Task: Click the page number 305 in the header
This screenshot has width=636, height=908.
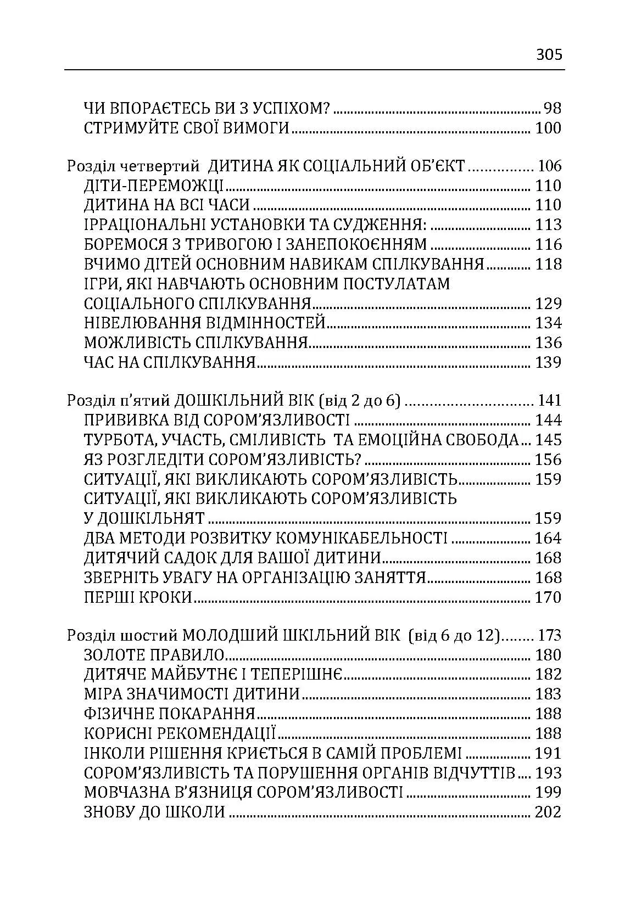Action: [x=549, y=55]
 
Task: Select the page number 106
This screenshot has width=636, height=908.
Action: [x=550, y=166]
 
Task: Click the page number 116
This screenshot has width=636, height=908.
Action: [x=549, y=244]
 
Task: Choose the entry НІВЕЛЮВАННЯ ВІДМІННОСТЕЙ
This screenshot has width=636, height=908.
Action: [x=205, y=323]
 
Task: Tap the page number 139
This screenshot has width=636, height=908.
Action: [x=549, y=362]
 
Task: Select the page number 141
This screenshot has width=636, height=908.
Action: [x=550, y=401]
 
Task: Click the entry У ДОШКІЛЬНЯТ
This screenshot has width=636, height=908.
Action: [x=144, y=518]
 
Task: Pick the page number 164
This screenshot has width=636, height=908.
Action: [x=549, y=538]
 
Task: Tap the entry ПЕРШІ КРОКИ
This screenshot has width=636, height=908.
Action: [x=138, y=597]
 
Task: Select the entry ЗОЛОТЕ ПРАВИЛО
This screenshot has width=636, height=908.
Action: [x=155, y=655]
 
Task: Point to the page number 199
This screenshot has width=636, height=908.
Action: [x=549, y=792]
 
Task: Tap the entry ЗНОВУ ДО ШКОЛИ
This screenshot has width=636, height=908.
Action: [x=155, y=812]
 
